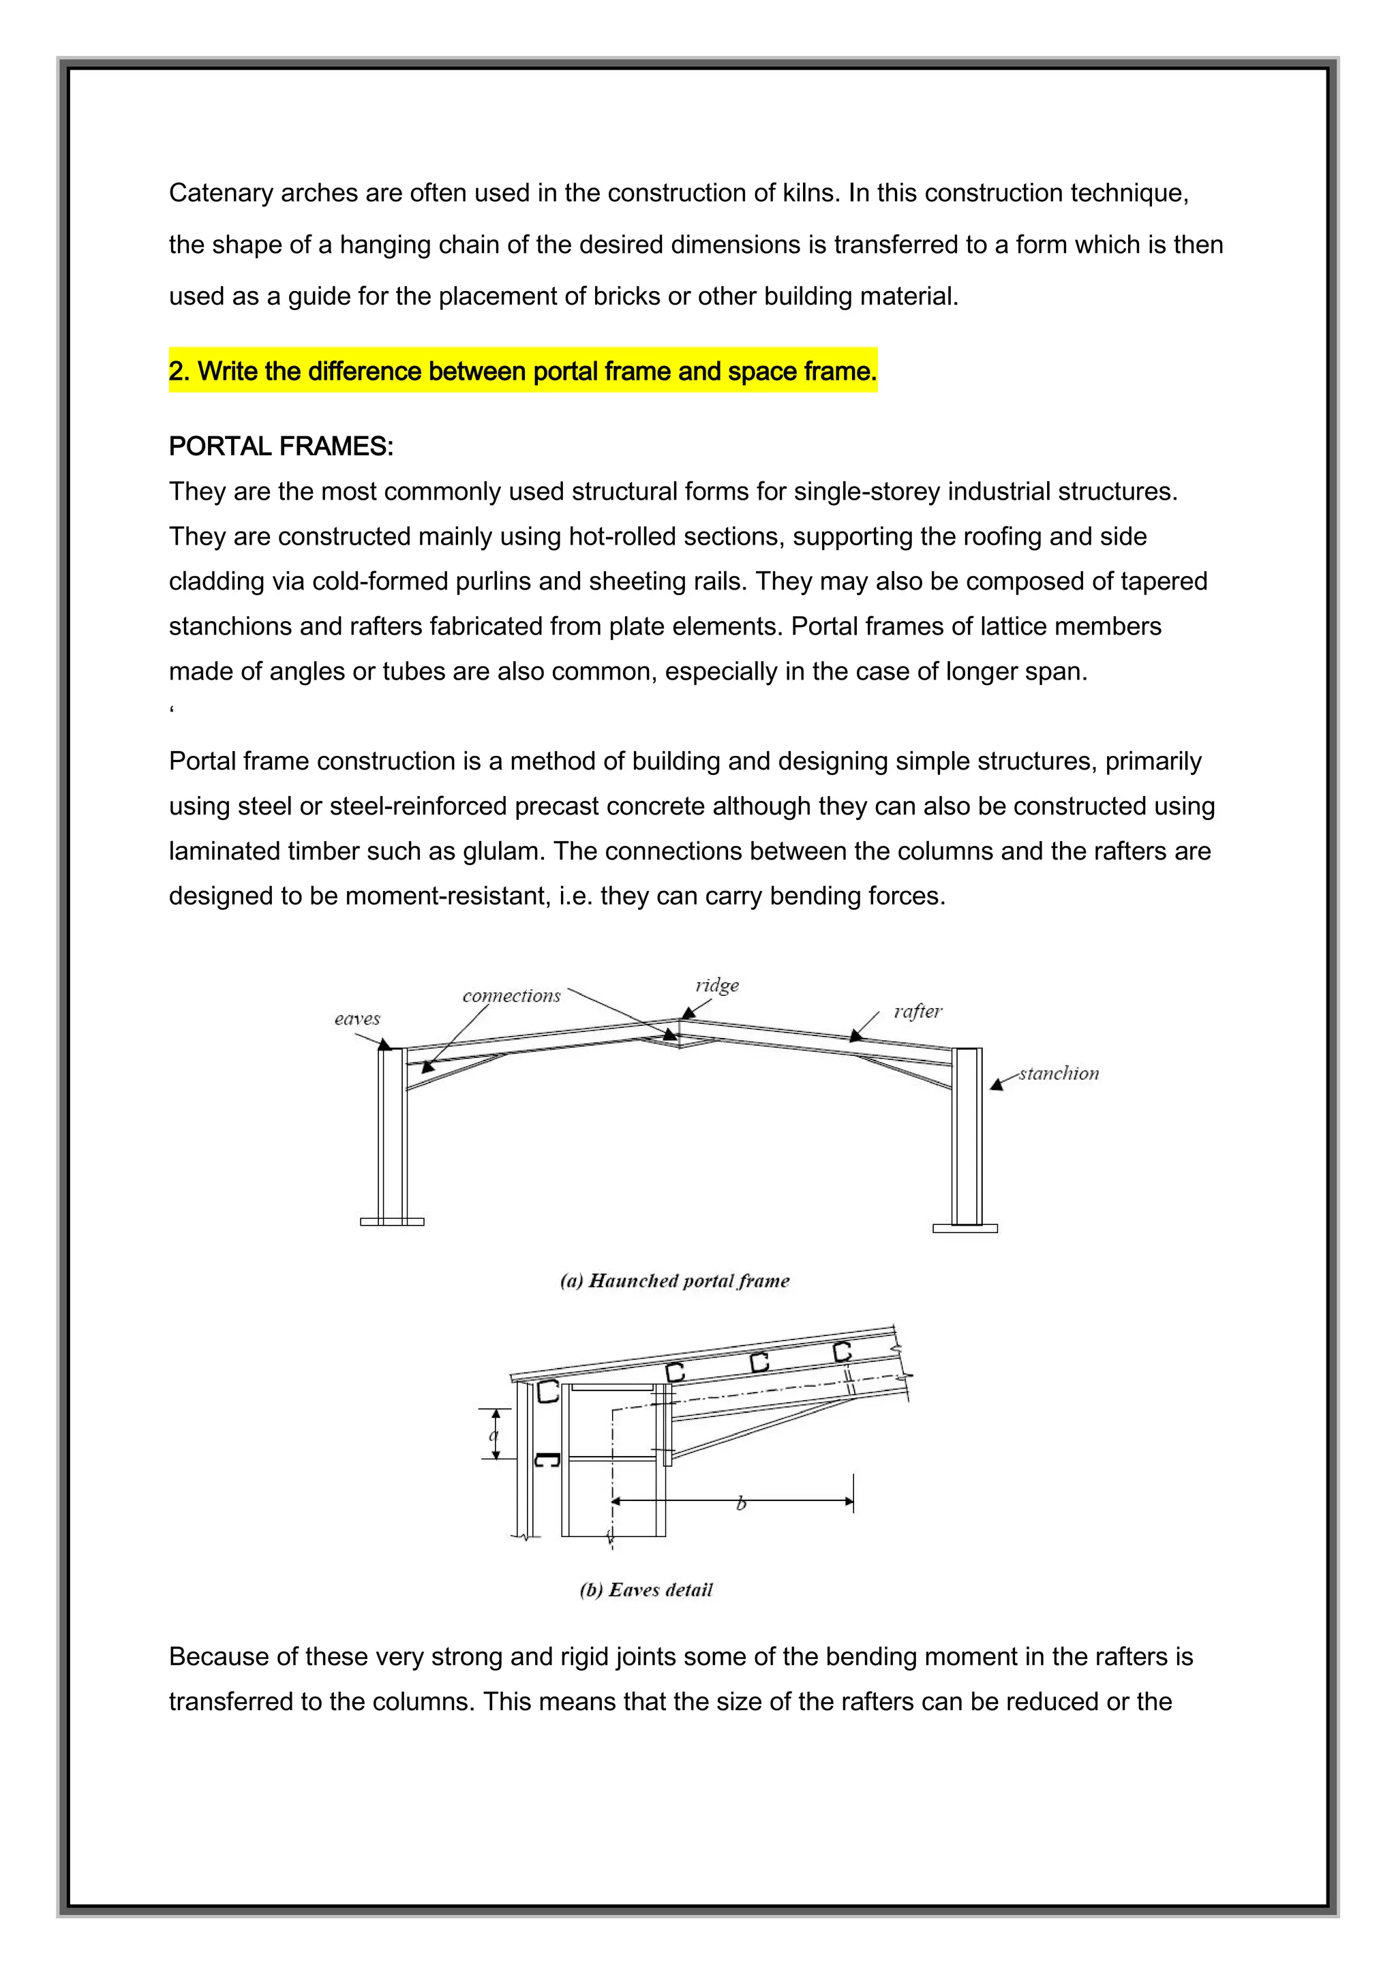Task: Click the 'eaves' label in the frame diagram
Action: (x=356, y=1019)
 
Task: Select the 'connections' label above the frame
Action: (x=511, y=996)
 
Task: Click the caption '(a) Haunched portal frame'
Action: (x=675, y=1281)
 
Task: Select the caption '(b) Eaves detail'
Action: (x=646, y=1590)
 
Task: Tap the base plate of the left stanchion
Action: (x=392, y=1221)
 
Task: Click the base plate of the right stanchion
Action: (x=965, y=1228)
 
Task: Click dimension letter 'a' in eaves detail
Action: (x=494, y=1435)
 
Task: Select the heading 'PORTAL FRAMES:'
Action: (x=281, y=446)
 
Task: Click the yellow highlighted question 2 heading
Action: (x=523, y=371)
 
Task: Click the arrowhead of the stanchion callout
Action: (x=997, y=1084)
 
